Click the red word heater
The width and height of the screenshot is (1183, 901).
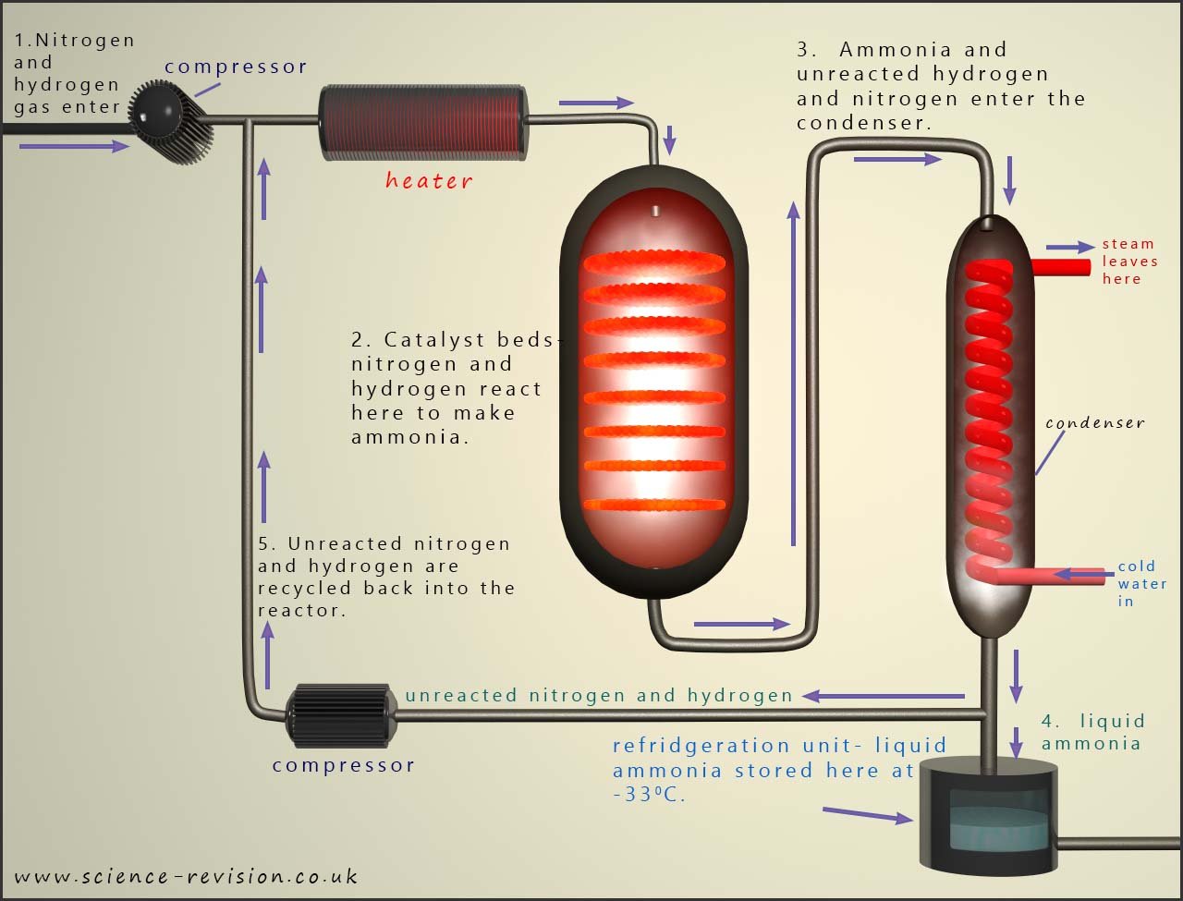428,180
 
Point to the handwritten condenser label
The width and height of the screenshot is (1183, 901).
1095,423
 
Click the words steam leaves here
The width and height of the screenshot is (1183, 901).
1128,262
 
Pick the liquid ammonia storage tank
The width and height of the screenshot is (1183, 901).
987,816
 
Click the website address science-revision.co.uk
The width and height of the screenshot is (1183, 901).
186,876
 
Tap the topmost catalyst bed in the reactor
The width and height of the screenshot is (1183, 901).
655,263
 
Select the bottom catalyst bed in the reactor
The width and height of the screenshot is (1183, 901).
655,505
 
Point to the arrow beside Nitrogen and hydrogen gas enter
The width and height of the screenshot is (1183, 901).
74,146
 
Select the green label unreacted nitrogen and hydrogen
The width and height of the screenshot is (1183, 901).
599,695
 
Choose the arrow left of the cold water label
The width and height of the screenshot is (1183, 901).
1079,575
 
